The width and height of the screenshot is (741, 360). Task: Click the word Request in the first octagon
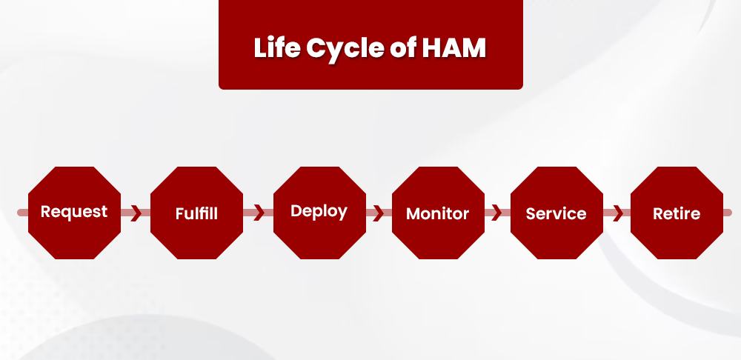coord(74,212)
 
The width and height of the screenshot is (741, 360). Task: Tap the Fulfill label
coord(196,214)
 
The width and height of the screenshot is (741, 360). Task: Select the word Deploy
coord(319,211)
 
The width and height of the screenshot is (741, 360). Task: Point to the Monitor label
coord(437,214)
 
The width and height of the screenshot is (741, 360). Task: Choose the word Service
coord(556,214)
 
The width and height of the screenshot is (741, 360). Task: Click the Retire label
coord(677,214)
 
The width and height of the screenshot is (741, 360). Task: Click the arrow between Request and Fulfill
coord(136,213)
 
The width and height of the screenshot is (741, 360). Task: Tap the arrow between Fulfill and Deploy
coord(258,213)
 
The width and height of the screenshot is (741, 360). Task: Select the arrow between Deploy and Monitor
coord(378,213)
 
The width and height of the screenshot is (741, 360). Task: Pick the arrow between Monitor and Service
coord(496,213)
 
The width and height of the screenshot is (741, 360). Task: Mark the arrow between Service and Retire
coord(617,213)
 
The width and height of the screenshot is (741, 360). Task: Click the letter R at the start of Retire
coord(658,214)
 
